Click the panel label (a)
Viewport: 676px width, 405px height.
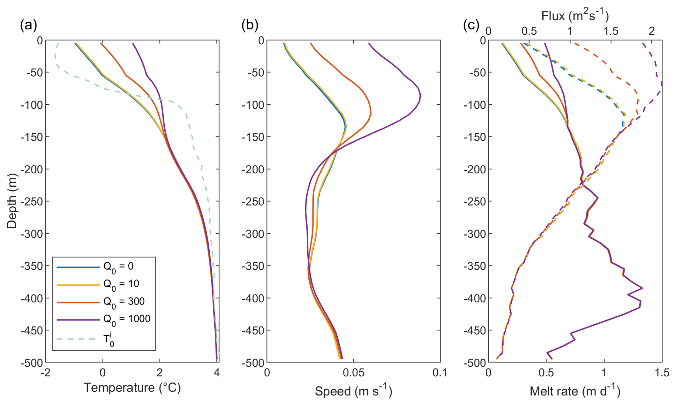[28, 25]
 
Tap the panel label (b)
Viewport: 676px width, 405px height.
[250, 25]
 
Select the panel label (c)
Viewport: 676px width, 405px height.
[471, 25]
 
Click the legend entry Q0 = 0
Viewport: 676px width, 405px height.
[118, 266]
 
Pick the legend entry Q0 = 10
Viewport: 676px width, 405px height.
[121, 284]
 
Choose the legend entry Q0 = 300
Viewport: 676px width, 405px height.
[124, 301]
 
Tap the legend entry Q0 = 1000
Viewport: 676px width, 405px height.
[127, 319]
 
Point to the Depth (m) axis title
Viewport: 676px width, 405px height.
[12, 201]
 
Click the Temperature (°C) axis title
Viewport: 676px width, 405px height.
[132, 387]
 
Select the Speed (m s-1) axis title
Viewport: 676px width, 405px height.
[353, 391]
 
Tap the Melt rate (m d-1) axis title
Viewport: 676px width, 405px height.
[575, 391]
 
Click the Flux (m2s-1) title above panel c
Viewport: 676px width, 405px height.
[575, 16]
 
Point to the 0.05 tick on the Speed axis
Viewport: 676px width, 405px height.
[353, 372]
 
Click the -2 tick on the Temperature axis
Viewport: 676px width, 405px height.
[45, 372]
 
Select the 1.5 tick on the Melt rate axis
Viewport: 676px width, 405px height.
[662, 372]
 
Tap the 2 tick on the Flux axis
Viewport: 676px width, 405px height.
[652, 31]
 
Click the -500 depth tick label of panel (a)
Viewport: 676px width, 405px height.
[32, 362]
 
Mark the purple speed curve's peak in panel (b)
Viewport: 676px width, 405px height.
[421, 95]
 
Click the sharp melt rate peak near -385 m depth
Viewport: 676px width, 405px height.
[642, 288]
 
